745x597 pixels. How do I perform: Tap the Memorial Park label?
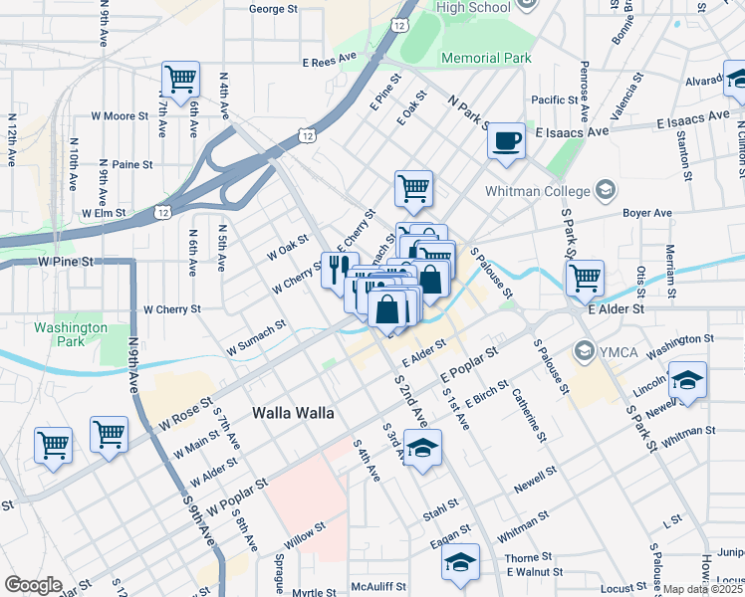[486, 58]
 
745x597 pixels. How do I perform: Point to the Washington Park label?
[70, 334]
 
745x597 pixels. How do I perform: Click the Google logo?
[33, 585]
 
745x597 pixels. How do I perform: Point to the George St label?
[273, 9]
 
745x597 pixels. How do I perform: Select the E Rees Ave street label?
[330, 62]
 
